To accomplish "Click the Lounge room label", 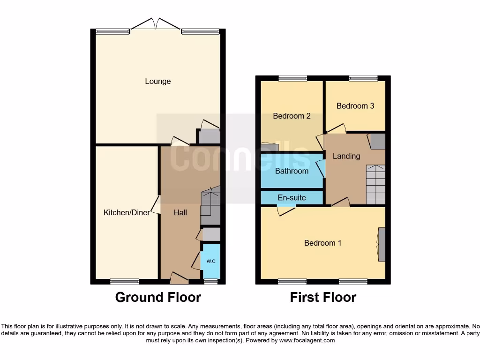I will point(157,82).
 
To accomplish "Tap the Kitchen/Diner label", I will point(127,213).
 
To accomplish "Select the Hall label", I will point(180,213).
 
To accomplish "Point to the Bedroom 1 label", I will point(322,243).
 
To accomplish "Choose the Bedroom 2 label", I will point(292,116).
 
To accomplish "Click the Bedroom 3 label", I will point(355,106).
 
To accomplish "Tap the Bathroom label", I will point(292,171).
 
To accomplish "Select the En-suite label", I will point(292,198).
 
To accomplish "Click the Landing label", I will point(346,156).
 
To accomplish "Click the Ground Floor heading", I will point(158,297).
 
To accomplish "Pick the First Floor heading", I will point(323,297).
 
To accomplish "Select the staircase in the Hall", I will point(210,206).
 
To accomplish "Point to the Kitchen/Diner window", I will point(125,281).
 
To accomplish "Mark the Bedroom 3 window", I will point(363,78).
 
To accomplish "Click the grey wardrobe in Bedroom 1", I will point(382,244).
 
